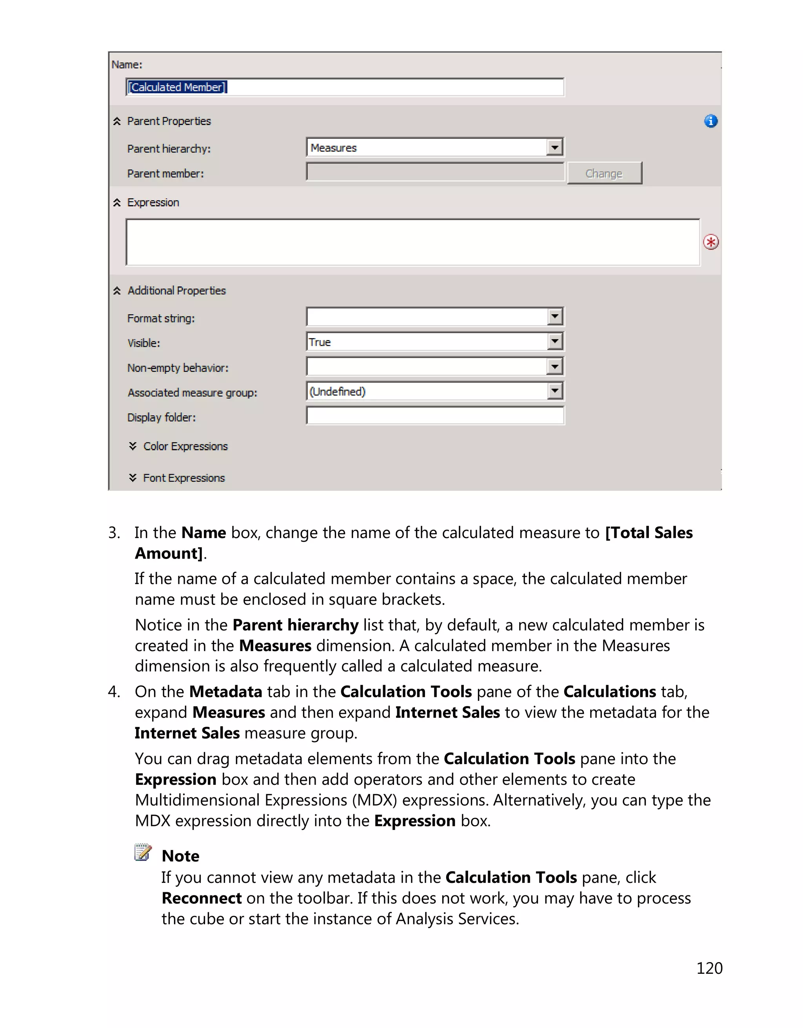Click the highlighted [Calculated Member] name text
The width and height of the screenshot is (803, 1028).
click(x=177, y=87)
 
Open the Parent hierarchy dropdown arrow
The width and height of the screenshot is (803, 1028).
click(x=555, y=147)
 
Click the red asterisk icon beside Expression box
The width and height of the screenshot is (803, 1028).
click(x=710, y=242)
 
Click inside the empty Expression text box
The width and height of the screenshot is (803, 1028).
click(x=412, y=242)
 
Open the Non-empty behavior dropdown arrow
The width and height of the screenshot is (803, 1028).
click(x=555, y=366)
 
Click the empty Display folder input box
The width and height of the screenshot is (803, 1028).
click(x=435, y=416)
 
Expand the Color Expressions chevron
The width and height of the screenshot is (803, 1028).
click(x=133, y=446)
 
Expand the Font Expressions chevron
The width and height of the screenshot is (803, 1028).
click(x=133, y=477)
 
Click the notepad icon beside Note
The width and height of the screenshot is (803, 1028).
click(x=143, y=852)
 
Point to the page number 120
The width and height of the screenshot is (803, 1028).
click(x=709, y=968)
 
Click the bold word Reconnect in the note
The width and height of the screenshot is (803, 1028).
click(x=201, y=898)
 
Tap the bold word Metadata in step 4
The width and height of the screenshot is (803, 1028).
click(x=225, y=691)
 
